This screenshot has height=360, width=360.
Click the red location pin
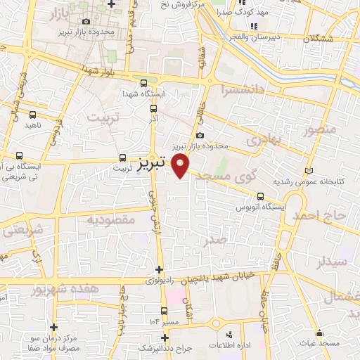[x=181, y=166]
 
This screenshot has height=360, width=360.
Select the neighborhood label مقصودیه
[x=110, y=219]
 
